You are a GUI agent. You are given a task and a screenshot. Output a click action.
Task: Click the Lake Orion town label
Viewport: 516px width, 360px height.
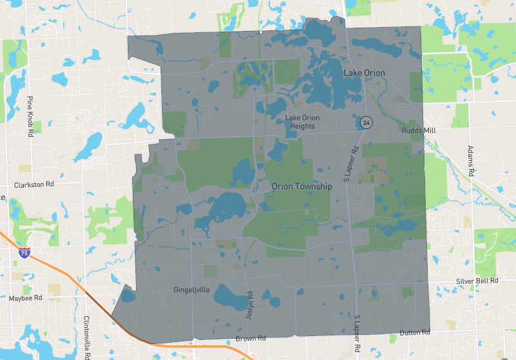tap(364, 73)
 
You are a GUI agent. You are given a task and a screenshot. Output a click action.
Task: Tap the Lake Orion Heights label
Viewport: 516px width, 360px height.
tap(301, 121)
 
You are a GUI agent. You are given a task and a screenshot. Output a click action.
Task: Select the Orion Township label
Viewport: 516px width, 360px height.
tap(302, 186)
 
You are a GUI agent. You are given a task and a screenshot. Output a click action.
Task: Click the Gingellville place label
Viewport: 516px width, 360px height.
tap(192, 290)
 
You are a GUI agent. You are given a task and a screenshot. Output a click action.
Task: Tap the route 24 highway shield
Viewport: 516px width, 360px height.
tap(366, 122)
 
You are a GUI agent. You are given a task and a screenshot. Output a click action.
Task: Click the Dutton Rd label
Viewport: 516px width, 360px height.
tap(414, 333)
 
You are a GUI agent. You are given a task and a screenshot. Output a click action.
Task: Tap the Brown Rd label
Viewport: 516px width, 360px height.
tap(251, 338)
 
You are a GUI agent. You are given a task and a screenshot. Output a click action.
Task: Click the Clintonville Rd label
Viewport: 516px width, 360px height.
tap(86, 336)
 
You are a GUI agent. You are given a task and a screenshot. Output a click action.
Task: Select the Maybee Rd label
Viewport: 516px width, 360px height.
tap(25, 298)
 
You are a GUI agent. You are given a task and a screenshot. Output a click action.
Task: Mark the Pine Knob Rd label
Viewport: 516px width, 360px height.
tap(30, 115)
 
